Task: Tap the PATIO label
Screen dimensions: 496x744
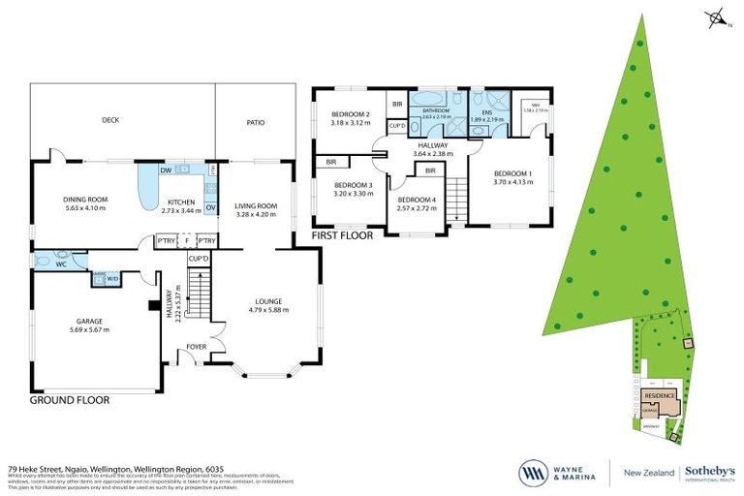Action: (255, 122)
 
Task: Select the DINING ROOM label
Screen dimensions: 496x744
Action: (85, 199)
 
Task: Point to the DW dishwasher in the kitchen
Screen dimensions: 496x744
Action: (166, 170)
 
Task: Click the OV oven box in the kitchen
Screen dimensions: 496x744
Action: (210, 207)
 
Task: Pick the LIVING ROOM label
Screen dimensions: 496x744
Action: (257, 205)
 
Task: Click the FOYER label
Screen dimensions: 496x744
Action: (197, 345)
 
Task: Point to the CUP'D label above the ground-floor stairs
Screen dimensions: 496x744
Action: (200, 259)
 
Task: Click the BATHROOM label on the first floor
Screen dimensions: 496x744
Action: (436, 110)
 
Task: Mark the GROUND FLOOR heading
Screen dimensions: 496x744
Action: (69, 399)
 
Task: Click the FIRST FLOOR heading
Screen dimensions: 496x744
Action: (342, 234)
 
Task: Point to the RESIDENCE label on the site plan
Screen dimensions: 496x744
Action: (662, 396)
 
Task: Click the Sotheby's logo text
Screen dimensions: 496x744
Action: (711, 469)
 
